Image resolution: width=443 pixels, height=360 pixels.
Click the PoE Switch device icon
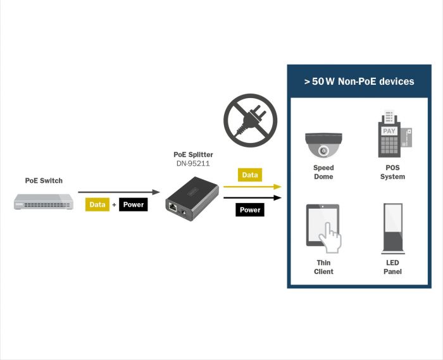coord(44,202)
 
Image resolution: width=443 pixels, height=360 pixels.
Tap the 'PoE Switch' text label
coord(44,181)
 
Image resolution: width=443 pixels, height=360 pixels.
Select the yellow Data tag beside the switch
coord(97,204)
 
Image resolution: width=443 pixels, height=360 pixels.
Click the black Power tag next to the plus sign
coord(134,204)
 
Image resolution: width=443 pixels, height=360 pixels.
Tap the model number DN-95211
coord(193,163)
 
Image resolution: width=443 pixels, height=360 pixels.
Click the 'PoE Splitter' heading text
coord(193,154)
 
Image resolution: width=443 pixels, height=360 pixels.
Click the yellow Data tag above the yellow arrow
coord(250,175)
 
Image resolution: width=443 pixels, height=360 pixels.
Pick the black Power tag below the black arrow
coord(250,209)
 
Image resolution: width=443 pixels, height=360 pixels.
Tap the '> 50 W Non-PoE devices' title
coord(358,81)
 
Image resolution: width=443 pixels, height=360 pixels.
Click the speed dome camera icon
coord(323,145)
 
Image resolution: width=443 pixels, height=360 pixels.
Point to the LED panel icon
coord(392,228)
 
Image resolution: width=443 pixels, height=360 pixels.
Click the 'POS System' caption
coord(392,172)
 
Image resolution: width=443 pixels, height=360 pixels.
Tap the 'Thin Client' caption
coord(323,267)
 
